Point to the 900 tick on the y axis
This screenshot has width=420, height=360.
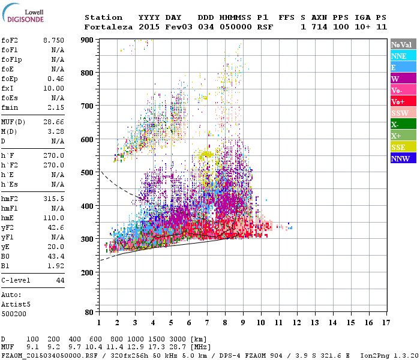(87, 40)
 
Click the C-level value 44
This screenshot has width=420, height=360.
(60, 280)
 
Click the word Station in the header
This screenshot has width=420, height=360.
(103, 17)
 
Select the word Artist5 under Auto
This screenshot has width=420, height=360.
(15, 304)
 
